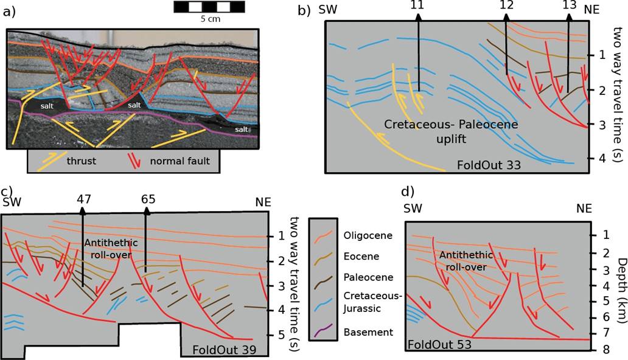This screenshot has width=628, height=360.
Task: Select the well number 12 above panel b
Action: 506,6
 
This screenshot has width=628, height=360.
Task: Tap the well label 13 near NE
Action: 570,6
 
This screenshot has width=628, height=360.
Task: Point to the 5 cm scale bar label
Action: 209,18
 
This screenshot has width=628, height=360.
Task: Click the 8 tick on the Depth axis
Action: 602,349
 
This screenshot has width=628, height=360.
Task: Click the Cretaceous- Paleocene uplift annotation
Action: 450,131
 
